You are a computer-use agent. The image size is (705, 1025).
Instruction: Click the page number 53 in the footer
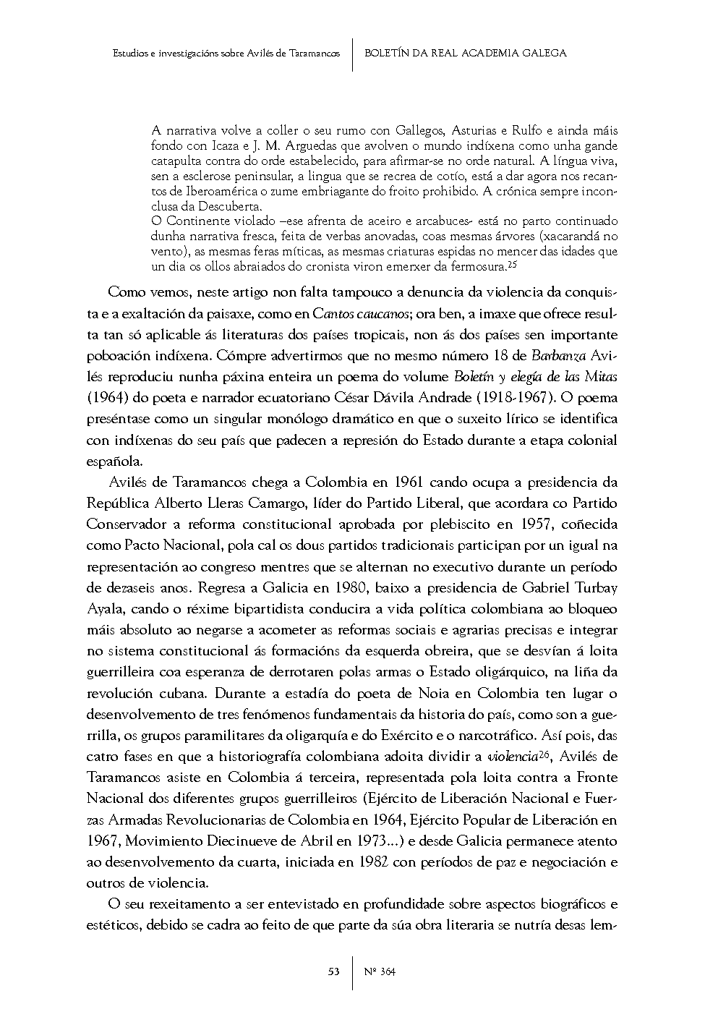click(334, 971)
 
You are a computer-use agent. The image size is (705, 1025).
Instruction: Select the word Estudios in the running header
click(132, 53)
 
